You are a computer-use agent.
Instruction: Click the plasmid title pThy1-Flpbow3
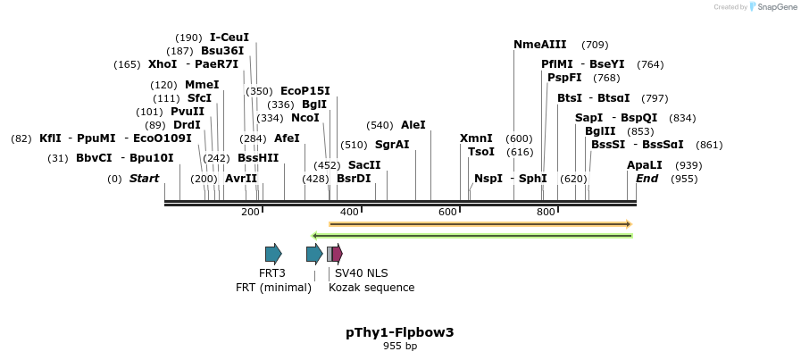tap(400, 332)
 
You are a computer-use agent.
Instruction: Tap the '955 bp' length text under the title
tap(400, 346)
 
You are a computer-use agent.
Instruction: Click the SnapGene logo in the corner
tap(771, 7)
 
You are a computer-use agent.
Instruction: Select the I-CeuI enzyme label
tap(229, 38)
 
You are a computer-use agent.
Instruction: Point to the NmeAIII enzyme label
tap(539, 45)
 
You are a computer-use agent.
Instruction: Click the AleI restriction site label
tap(413, 125)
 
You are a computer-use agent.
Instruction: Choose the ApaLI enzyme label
tap(645, 165)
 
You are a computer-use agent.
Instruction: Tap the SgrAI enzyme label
tap(392, 145)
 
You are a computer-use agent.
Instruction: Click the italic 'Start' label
tap(144, 179)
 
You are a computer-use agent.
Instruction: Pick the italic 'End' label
tap(647, 179)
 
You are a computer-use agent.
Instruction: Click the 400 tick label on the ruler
tap(349, 212)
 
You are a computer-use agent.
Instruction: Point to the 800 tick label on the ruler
tap(546, 212)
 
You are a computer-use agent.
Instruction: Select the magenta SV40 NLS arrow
tap(337, 254)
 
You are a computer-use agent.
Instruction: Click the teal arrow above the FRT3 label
tap(273, 254)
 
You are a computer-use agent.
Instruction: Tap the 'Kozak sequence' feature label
tap(371, 288)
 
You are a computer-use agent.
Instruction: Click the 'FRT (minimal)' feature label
tap(273, 288)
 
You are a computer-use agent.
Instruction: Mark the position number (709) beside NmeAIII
tap(595, 45)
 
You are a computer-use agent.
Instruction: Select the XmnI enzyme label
tap(476, 138)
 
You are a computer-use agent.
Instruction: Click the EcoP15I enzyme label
tap(305, 91)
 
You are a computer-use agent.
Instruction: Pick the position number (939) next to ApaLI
tap(688, 165)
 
